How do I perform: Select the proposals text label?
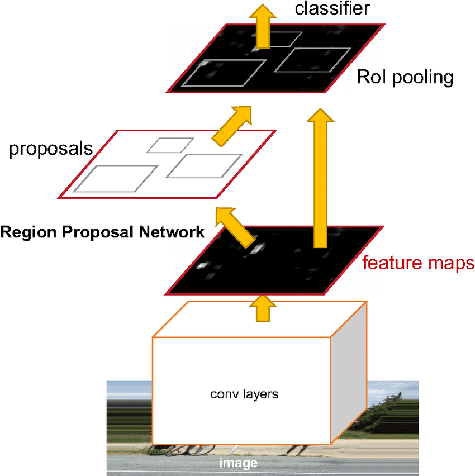coord(51,149)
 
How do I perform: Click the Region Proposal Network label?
coord(102,232)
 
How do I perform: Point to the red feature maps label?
coord(418,263)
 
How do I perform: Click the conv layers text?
coord(244,394)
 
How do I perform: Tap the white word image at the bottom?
coord(238,463)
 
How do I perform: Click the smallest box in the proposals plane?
coord(170,145)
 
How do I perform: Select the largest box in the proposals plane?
coord(116,179)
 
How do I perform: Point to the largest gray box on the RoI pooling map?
coord(224,73)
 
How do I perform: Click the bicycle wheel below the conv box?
coord(201,449)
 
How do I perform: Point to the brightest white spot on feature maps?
coord(258,246)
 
